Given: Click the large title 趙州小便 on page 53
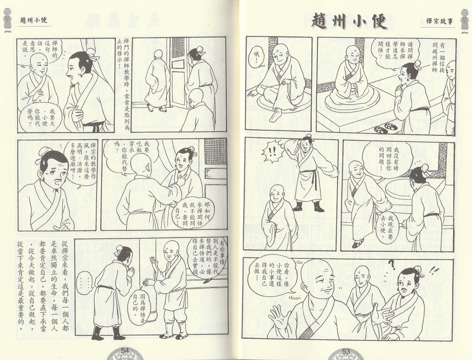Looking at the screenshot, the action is [349, 23].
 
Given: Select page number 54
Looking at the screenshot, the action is [125, 350].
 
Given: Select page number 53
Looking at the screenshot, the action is [346, 351].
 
